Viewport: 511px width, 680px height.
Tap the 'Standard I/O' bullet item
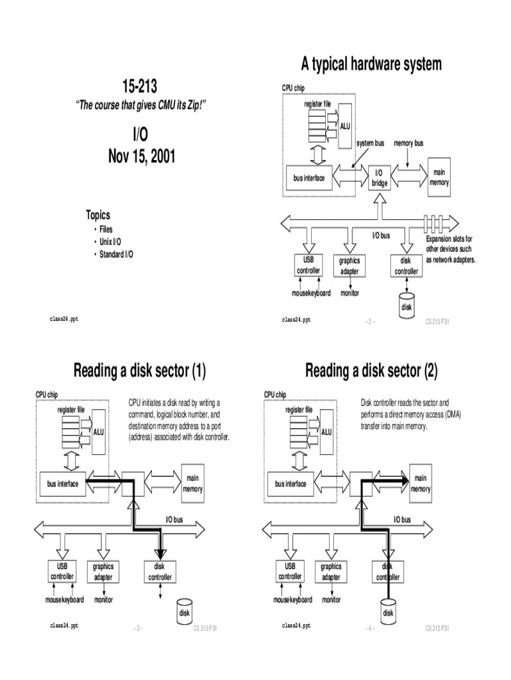(115, 254)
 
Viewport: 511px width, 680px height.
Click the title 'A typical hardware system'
(370, 64)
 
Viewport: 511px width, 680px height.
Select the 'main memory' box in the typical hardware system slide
(439, 177)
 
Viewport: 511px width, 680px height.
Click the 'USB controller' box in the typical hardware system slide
(309, 266)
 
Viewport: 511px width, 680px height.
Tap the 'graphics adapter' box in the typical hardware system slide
(349, 266)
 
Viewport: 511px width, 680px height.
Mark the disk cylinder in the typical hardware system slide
(406, 305)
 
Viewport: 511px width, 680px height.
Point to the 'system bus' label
(370, 143)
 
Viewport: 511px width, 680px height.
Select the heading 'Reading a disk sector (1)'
(140, 371)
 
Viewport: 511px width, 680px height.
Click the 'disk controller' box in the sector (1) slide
(159, 572)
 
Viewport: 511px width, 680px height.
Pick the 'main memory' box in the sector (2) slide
(421, 483)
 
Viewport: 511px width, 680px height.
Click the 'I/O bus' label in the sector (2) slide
(402, 519)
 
